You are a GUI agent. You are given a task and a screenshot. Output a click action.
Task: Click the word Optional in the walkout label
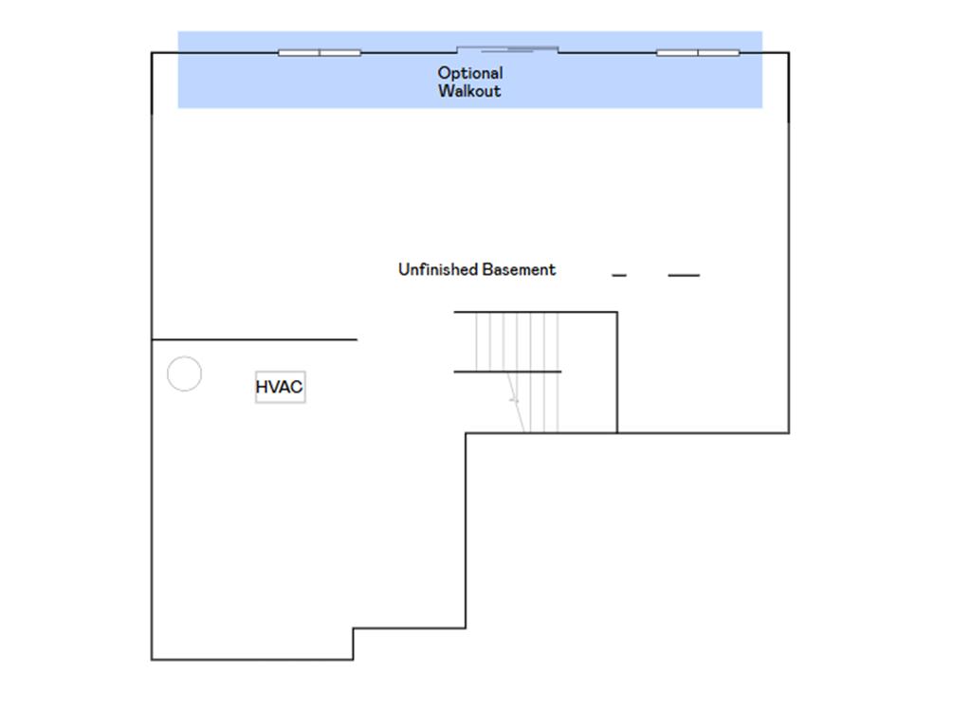470,74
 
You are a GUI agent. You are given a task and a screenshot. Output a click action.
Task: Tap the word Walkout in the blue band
469,91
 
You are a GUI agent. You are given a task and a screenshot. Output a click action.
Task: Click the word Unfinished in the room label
438,269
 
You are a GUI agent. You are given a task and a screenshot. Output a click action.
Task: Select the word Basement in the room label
519,270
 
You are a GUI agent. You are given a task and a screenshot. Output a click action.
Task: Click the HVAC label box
280,387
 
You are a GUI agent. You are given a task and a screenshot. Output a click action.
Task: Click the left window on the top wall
320,53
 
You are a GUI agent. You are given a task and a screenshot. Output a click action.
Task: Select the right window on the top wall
698,53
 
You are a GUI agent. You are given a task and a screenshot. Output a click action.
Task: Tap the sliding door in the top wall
507,49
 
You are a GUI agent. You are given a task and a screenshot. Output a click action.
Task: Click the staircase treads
517,372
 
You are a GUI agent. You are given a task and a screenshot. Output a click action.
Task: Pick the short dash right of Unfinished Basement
618,276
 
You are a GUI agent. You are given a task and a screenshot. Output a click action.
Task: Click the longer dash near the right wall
684,276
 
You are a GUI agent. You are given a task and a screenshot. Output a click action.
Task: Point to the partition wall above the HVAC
254,340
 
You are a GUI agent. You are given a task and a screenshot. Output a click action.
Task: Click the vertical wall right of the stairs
616,372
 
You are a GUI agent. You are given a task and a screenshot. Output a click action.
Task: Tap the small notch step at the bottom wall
353,644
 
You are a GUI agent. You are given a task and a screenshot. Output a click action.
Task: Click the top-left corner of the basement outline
152,53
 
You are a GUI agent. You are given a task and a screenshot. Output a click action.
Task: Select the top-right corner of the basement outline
789,53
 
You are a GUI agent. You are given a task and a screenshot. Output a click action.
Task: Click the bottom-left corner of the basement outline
152,660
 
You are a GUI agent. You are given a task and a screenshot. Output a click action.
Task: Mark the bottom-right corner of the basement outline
789,432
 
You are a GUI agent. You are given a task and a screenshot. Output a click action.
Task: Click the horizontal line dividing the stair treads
508,372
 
